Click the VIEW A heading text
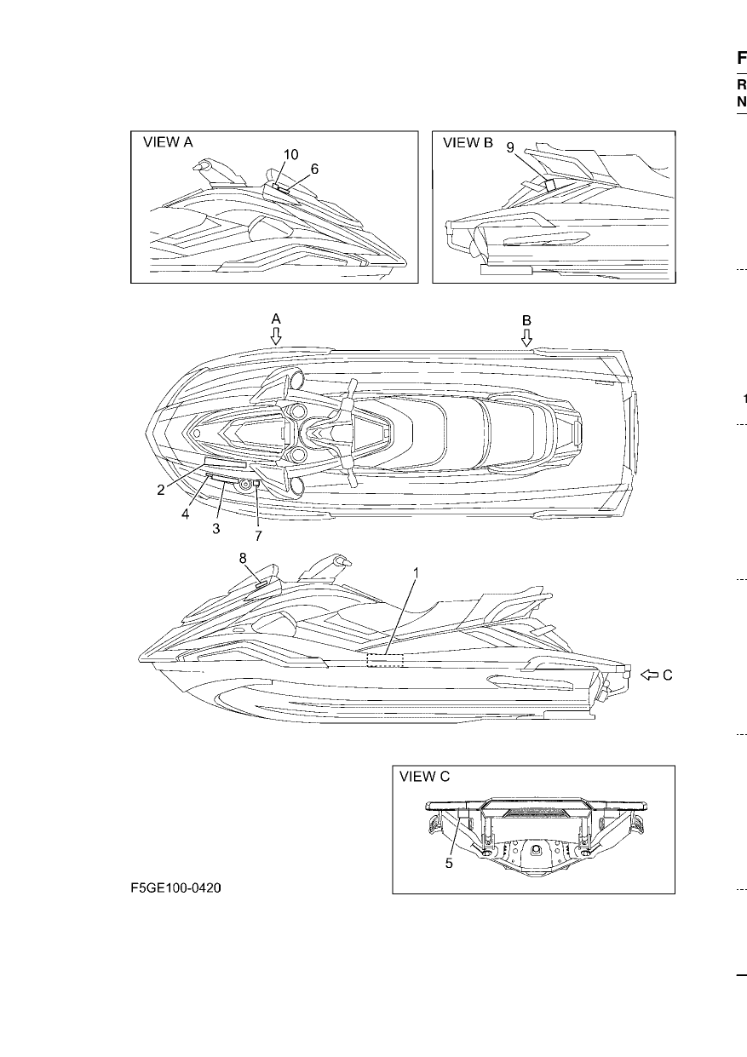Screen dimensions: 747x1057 168,142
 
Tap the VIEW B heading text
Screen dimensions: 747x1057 468,142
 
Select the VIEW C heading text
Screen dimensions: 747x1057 425,776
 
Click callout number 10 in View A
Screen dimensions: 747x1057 290,155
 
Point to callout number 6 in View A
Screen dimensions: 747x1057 314,169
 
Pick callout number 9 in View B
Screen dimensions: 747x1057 510,147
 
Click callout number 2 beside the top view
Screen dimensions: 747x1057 161,491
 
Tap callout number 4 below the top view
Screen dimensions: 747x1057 186,514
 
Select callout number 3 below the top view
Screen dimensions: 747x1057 216,529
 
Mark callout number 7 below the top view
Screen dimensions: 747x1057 258,536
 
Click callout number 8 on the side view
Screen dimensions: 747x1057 243,559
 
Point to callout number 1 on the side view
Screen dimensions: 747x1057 417,573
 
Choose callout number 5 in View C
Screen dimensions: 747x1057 449,864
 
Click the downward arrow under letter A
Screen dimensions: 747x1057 276,336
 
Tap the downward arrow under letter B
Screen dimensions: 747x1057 526,337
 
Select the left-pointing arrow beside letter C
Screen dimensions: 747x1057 649,675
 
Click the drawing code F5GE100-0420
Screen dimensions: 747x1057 175,888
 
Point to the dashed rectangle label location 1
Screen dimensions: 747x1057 385,660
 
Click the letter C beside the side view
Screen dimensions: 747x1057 667,675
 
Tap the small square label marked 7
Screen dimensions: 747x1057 256,483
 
